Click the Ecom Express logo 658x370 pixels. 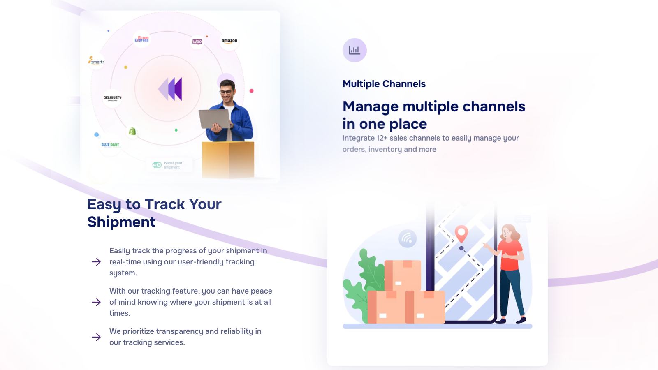tap(141, 39)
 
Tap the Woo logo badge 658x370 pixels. tap(197, 42)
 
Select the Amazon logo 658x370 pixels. tap(229, 41)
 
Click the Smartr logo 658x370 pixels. tap(96, 61)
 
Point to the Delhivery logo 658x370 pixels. tap(112, 98)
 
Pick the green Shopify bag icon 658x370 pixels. tap(132, 131)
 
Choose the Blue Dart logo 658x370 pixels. tap(110, 145)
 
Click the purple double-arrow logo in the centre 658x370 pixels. tap(170, 89)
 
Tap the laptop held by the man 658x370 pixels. tap(214, 119)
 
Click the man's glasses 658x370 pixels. tap(226, 92)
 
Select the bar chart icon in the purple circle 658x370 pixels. tap(354, 50)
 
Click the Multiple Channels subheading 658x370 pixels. tap(384, 84)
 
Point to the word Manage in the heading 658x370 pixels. tap(371, 106)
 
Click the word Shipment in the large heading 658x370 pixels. tap(121, 222)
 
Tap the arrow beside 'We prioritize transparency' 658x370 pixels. tap(96, 337)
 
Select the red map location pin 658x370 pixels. tap(461, 233)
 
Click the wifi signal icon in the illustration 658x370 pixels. tap(407, 238)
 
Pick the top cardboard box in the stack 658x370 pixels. tap(403, 275)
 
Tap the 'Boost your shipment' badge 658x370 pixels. tap(169, 165)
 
